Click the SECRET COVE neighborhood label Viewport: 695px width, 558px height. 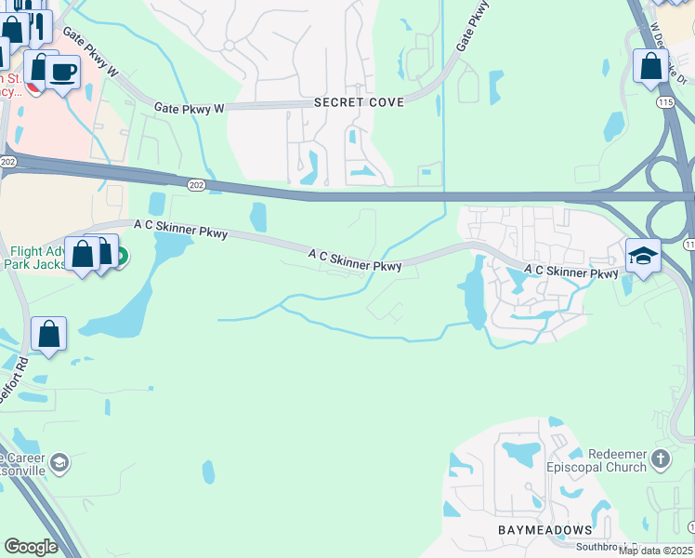[x=359, y=102]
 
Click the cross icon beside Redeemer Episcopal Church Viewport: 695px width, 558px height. [x=660, y=458]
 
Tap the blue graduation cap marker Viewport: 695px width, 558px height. [x=643, y=257]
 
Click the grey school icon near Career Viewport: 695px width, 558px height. [x=59, y=462]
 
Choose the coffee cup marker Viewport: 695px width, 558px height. [x=63, y=72]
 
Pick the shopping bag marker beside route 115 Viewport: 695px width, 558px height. [x=650, y=66]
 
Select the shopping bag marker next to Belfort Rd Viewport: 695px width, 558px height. [x=48, y=335]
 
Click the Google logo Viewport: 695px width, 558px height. [x=31, y=547]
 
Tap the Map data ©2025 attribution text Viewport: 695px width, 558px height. [x=655, y=551]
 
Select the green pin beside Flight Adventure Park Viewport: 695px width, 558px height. [x=122, y=253]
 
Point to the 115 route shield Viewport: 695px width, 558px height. [x=664, y=100]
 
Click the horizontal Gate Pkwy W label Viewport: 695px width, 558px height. [x=190, y=109]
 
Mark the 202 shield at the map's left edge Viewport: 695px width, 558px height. [x=8, y=162]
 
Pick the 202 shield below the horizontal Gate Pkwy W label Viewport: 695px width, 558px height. [x=196, y=185]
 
